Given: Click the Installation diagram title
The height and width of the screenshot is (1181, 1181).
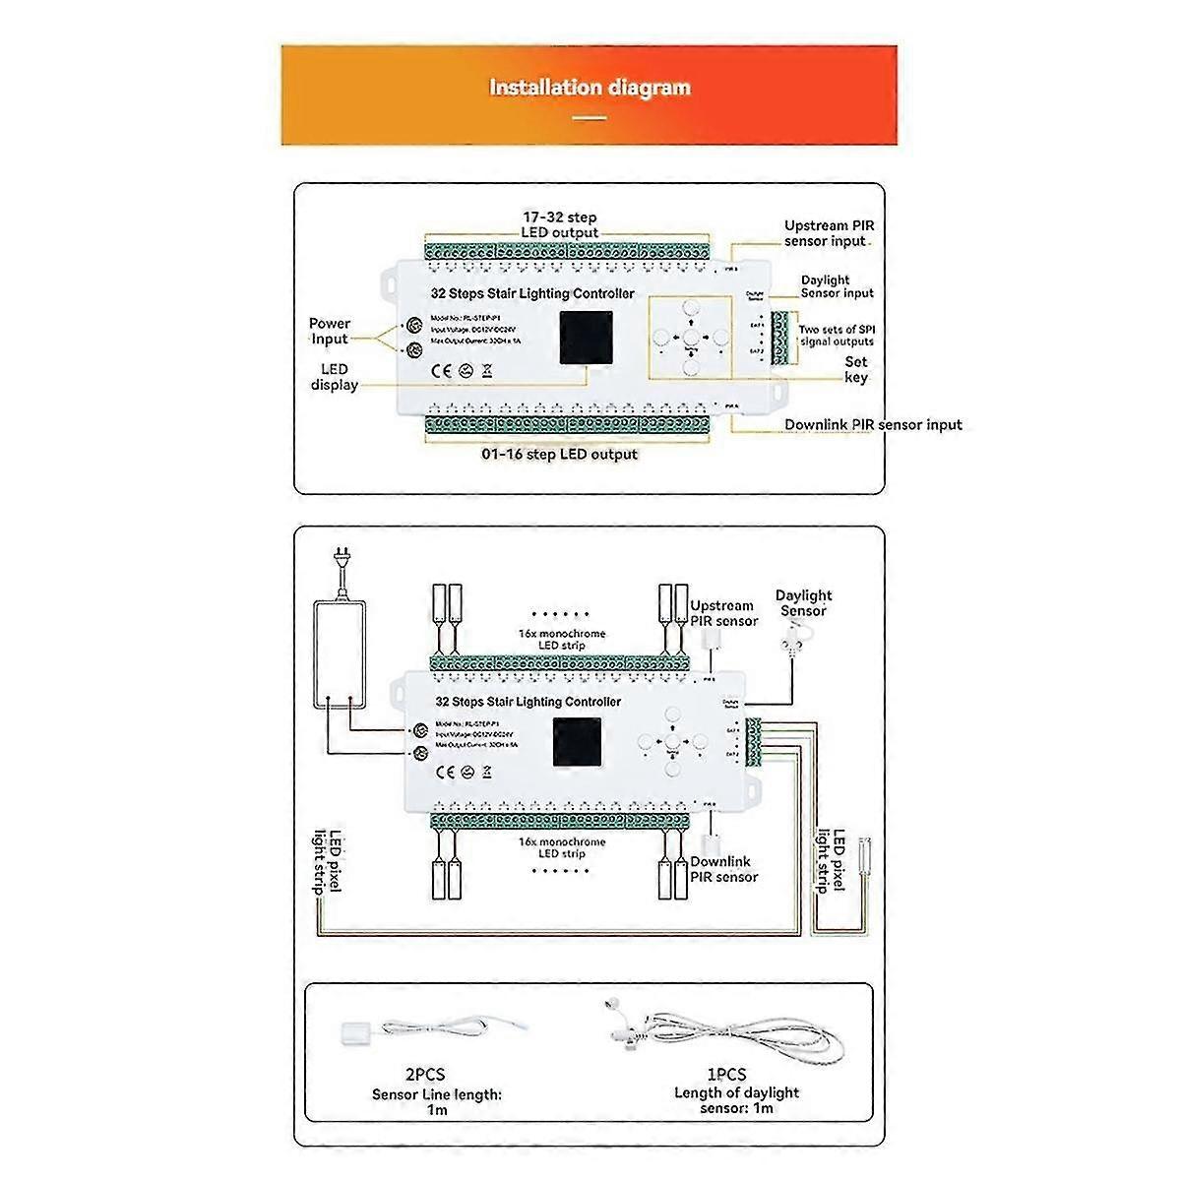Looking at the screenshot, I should coord(590,88).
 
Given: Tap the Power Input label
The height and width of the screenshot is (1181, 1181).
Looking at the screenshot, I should coord(330,331).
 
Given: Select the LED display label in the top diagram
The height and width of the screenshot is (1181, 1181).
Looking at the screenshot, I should coord(334,377).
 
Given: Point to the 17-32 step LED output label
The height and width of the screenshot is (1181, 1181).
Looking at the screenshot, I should coord(559,224).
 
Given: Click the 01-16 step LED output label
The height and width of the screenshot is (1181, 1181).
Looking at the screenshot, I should coord(559,455).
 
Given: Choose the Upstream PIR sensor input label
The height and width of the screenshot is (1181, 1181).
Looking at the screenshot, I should coord(829,233).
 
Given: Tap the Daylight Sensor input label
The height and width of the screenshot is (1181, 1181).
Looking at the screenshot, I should coord(836,286).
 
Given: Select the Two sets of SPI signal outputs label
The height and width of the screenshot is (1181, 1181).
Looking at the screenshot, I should coord(836,336).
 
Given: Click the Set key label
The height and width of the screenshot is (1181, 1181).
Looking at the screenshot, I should coord(855,370).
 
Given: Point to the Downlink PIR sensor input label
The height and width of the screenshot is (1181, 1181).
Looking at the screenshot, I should coord(873,425).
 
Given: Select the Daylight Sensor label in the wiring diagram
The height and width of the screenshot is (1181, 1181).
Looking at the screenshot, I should coord(803,602).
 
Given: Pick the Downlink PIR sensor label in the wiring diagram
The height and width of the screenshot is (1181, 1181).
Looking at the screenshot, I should coord(723,869).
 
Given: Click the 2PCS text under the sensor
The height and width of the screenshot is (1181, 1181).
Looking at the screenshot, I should coord(424,1075).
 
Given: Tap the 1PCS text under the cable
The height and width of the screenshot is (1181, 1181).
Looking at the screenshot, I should coord(725,1075).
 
